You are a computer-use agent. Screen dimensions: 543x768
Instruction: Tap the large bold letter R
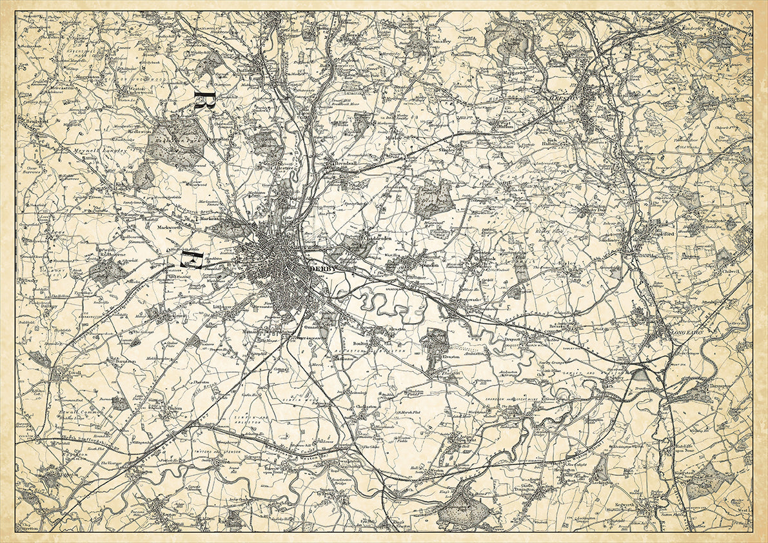click(204, 101)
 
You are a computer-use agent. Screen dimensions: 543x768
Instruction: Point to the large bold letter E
click(192, 260)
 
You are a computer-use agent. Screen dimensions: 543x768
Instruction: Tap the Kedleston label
click(140, 130)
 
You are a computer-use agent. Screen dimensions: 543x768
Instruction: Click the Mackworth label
click(161, 228)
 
